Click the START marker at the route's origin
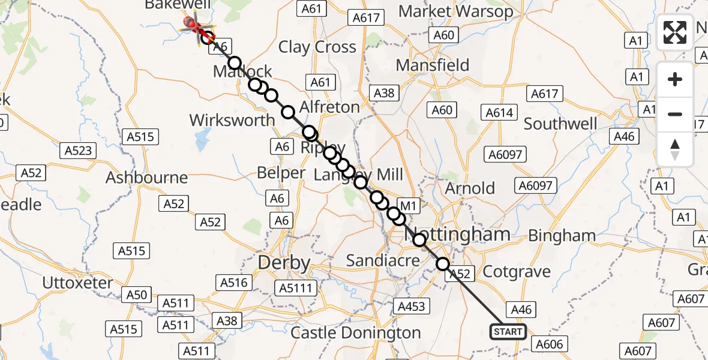pos(508,332)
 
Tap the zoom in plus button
pos(675,79)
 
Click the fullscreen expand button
pos(675,32)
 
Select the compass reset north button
pos(675,149)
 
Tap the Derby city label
pos(284,263)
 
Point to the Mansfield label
pos(432,64)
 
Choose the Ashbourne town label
pos(146,178)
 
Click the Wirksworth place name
pos(232,120)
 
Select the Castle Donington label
pos(355,333)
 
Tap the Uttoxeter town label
pos(78,283)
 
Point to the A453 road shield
pos(411,307)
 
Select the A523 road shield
pos(77,150)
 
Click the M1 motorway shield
pos(408,206)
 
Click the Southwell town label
pos(560,124)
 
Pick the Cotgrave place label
pos(517,271)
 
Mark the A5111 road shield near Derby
pos(295,289)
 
